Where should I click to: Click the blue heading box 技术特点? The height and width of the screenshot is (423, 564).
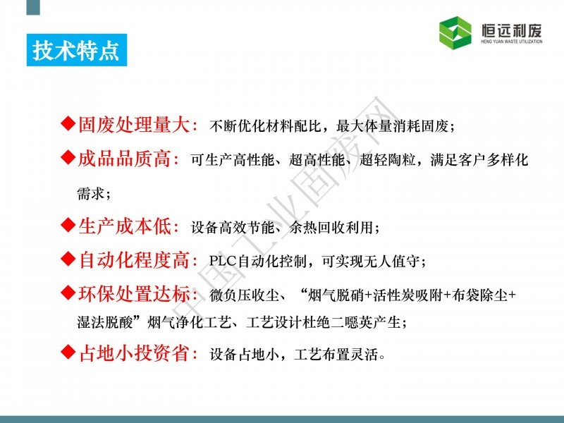(77, 50)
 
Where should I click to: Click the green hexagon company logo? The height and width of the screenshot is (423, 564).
(455, 32)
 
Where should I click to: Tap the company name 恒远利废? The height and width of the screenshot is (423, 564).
(512, 30)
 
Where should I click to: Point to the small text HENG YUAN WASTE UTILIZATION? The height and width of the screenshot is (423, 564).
(512, 42)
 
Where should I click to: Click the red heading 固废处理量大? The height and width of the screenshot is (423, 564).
(134, 125)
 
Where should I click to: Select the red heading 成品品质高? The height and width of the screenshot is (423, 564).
(125, 159)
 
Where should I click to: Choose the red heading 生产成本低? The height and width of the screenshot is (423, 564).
(125, 226)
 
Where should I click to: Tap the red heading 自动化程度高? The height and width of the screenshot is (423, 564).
(134, 260)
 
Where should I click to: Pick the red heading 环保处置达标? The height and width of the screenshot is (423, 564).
(134, 294)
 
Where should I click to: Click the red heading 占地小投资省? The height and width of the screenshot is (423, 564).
(134, 353)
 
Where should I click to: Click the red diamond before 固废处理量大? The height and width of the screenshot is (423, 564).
(68, 123)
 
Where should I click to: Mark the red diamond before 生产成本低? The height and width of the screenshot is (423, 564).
(68, 225)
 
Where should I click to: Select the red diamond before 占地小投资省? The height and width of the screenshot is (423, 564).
(68, 351)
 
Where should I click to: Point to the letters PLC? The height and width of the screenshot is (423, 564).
(223, 260)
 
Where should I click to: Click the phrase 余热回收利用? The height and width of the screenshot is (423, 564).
(331, 227)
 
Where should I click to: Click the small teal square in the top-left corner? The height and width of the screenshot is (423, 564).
(33, 7)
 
